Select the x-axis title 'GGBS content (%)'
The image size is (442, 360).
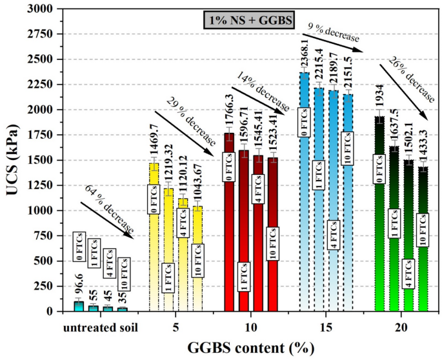251,348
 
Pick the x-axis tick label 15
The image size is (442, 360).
325,326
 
